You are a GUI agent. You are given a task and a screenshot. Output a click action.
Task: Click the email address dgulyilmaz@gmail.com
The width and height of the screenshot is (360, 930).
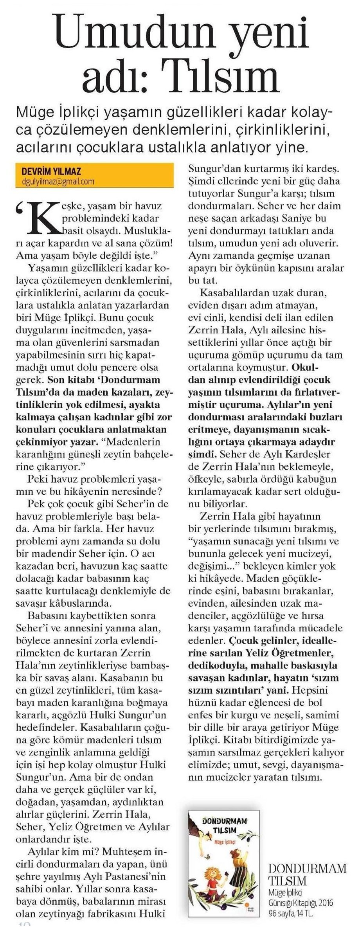tap(58, 181)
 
